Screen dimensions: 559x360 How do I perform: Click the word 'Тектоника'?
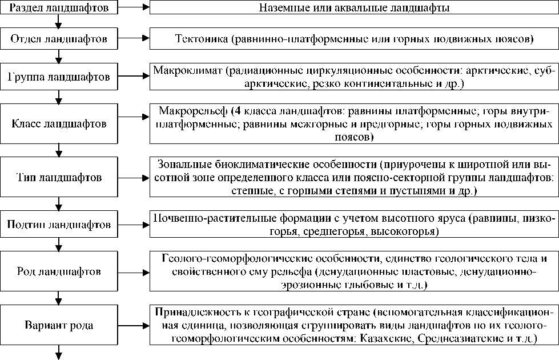coord(198,39)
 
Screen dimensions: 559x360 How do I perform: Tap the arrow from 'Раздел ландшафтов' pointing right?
coord(134,9)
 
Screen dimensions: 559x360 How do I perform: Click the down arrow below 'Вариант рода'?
coord(58,353)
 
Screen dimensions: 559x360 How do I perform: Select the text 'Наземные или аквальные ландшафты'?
coord(353,9)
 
